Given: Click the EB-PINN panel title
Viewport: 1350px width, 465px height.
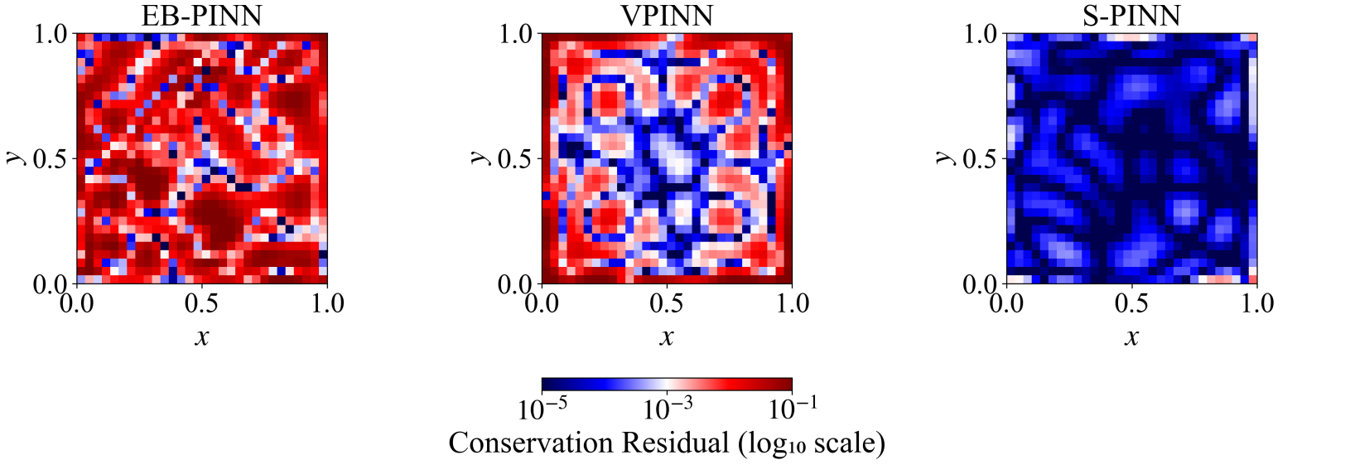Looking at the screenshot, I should pos(201,16).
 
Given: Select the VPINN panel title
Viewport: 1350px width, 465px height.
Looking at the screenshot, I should pos(667,16).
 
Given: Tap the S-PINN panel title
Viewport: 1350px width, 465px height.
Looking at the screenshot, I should pos(1131,16).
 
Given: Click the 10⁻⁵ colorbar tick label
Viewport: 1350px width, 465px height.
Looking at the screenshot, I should pos(542,408).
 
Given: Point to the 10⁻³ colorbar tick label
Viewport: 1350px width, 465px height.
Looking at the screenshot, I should pos(668,408).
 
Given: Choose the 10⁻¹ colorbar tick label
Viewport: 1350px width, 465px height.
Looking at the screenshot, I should pos(793,408).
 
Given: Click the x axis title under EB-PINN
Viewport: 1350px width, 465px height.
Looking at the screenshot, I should pos(201,337).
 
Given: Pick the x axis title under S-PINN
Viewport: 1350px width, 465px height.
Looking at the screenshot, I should pos(1131,337).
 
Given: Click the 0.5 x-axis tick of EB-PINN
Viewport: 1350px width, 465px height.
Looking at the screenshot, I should pos(201,303).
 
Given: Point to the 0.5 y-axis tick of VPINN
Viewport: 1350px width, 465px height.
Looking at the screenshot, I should pos(515,158).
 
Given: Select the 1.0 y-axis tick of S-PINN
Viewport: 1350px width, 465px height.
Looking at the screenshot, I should pos(980,34).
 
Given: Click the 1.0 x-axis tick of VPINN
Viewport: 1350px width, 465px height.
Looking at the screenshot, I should pos(792,303).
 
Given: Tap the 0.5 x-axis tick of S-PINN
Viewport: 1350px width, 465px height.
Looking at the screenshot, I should pos(1131,303).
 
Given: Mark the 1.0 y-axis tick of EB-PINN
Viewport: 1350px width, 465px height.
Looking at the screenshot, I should pos(51,34).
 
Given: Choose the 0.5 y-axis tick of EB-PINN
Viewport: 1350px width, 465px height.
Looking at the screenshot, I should pos(51,158).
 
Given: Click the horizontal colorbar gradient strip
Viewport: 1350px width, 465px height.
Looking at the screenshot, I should pos(667,385).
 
